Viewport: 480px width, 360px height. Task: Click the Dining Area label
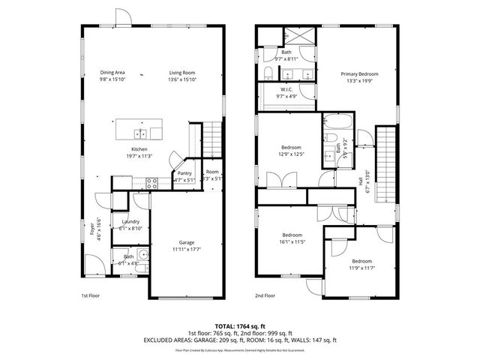(112, 73)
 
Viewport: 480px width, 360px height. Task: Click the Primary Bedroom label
(359, 73)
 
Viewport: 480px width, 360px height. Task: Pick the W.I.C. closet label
(286, 90)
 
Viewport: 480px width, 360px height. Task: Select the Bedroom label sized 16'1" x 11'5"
(292, 234)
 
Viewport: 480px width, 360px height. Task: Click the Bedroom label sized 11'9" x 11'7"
(362, 262)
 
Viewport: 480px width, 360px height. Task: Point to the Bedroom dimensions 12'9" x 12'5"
(292, 154)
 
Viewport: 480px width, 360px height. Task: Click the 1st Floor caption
(91, 295)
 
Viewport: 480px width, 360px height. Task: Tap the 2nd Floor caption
(265, 295)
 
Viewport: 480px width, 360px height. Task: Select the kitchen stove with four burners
(151, 181)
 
